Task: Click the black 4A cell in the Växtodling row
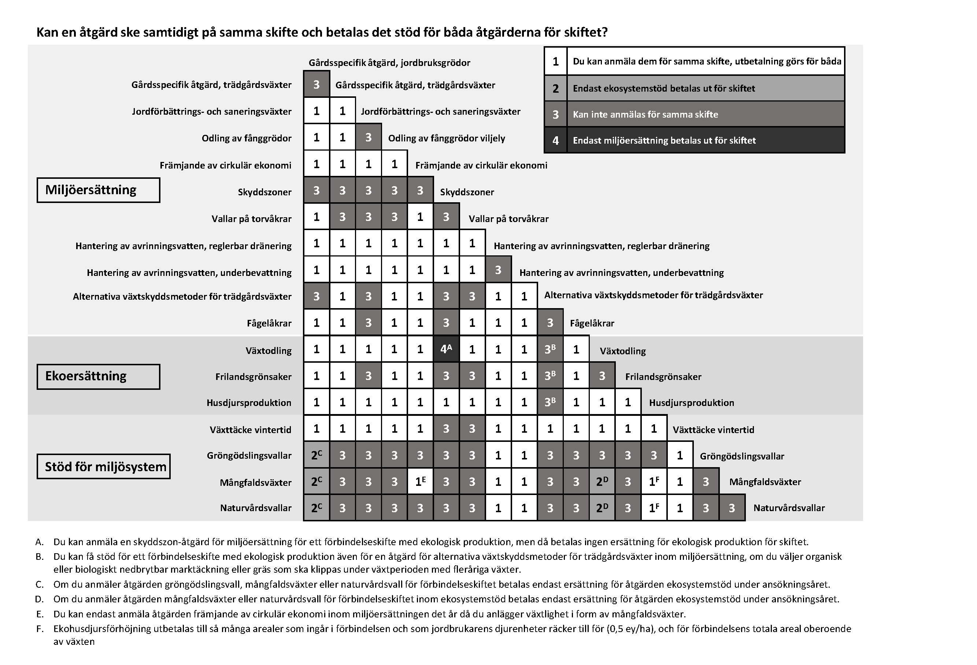pyautogui.click(x=446, y=349)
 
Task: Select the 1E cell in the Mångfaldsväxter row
pyautogui.click(x=420, y=482)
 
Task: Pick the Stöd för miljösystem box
pyautogui.click(x=103, y=466)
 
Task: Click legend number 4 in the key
pyautogui.click(x=555, y=140)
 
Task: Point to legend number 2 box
pyautogui.click(x=555, y=88)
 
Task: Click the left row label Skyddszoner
pyautogui.click(x=264, y=192)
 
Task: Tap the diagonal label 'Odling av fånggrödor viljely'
pyautogui.click(x=446, y=138)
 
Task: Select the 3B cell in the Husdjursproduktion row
pyautogui.click(x=550, y=402)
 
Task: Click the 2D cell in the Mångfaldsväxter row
pyautogui.click(x=602, y=482)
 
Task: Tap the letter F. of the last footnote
pyautogui.click(x=40, y=629)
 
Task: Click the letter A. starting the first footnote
pyautogui.click(x=40, y=542)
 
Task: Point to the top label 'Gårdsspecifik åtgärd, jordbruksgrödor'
pyautogui.click(x=389, y=63)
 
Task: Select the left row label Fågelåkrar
pyautogui.click(x=269, y=323)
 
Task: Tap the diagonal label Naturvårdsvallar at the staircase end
pyautogui.click(x=789, y=508)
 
